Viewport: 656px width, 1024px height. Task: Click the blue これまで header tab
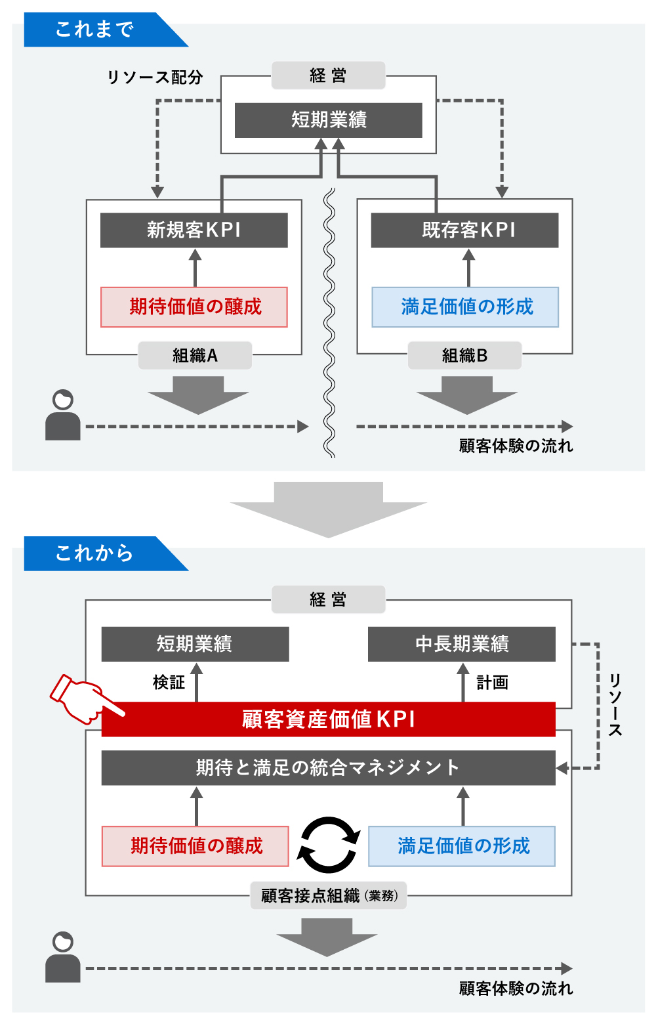click(95, 30)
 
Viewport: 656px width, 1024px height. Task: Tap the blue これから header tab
click(95, 553)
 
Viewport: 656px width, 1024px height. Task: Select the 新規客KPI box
click(194, 230)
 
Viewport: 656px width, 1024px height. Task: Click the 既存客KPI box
click(464, 230)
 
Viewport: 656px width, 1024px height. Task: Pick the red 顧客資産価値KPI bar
click(328, 719)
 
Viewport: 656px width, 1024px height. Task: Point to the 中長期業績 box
click(461, 644)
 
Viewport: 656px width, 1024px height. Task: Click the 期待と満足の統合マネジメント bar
click(328, 767)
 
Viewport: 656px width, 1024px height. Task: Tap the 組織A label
click(195, 356)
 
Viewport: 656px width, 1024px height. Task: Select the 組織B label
click(464, 356)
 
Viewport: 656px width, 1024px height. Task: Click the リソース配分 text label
click(155, 77)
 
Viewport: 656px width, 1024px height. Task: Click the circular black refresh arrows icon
click(329, 845)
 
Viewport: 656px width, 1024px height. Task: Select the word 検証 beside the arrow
click(169, 683)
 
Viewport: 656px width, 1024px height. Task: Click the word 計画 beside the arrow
click(492, 683)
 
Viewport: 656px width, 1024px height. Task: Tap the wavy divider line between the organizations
click(329, 322)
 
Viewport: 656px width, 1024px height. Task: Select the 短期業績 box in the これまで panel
click(328, 120)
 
